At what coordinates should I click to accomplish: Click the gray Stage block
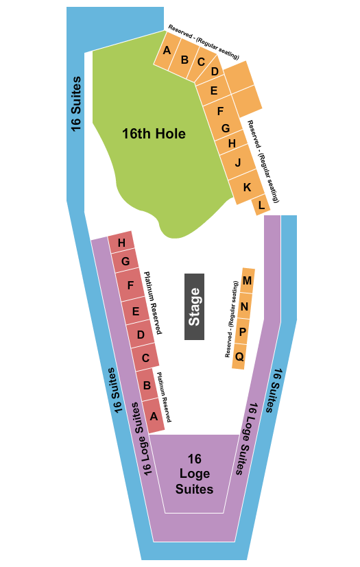pos(194,306)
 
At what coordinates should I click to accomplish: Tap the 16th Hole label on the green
pos(154,134)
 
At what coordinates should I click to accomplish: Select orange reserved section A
pos(167,50)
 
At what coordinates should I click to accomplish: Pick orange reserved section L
pos(261,204)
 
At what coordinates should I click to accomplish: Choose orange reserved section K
pos(247,187)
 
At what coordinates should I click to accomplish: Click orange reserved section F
pos(220,110)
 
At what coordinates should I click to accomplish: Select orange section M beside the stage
pos(248,280)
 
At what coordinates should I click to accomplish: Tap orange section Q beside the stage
pos(239,357)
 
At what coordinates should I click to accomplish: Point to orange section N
pos(244,306)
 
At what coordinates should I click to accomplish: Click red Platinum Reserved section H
pos(121,242)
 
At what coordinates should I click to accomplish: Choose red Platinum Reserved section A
pos(154,415)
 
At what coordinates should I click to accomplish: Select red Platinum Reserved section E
pos(136,311)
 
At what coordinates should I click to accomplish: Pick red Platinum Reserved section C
pos(145,357)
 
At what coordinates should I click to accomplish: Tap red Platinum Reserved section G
pos(125,261)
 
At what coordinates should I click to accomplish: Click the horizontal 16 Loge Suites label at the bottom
pos(194,474)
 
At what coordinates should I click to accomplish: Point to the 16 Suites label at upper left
pos(75,103)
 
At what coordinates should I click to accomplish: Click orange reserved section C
pos(201,62)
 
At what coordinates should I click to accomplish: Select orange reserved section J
pos(237,163)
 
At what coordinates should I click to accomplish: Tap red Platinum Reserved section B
pos(147,385)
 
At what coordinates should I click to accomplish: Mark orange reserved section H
pos(232,143)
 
